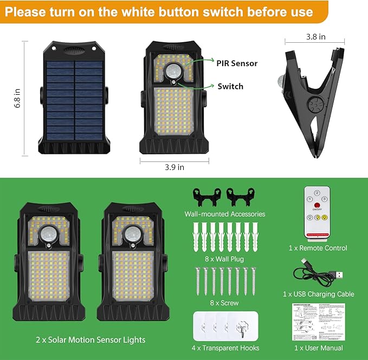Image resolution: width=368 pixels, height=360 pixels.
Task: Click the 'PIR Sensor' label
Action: [x=237, y=63]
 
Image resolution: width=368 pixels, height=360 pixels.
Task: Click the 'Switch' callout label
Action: [x=230, y=86]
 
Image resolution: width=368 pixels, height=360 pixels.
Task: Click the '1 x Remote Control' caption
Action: [x=318, y=248]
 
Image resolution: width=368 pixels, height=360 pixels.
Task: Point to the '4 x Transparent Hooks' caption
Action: [x=226, y=348]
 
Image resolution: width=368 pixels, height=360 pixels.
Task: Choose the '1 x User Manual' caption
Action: [x=318, y=348]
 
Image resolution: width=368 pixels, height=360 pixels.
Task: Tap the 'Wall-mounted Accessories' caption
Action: [x=225, y=214]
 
